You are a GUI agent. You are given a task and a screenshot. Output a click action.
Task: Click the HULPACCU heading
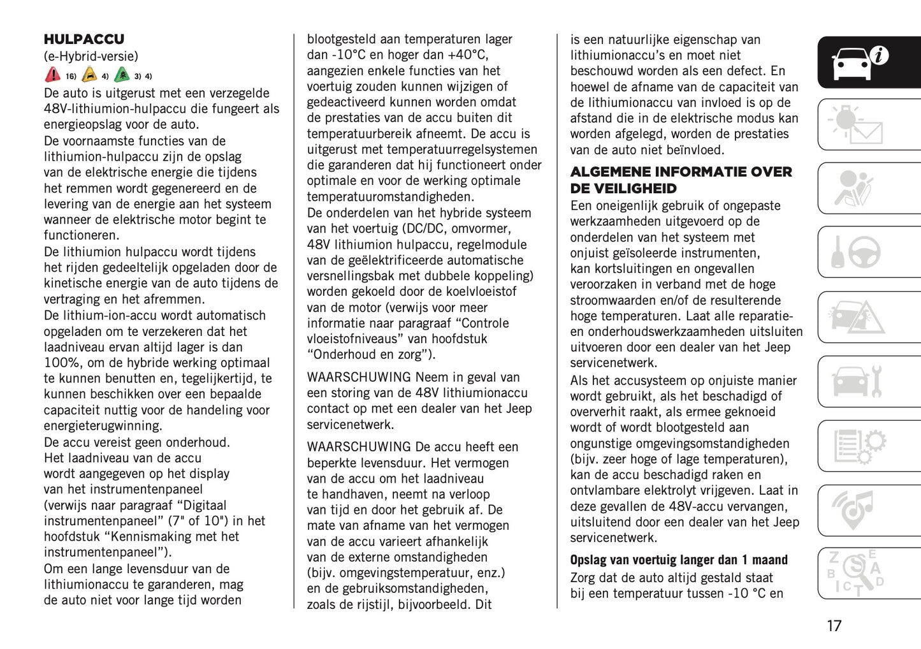84,40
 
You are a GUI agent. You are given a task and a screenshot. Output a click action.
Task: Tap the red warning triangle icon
52,75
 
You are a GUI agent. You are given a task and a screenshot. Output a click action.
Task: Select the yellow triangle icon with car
90,75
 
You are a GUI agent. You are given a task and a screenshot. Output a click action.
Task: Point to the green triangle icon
122,75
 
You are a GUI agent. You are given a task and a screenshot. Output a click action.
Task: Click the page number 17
834,626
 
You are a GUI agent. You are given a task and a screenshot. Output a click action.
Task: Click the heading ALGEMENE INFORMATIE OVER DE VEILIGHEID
681,180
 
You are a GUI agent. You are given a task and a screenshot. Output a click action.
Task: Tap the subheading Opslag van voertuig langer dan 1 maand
679,560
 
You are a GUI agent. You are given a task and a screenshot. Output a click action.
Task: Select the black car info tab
860,62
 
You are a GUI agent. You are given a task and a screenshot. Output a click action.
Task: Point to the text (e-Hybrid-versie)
91,56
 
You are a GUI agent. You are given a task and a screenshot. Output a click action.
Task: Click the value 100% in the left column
62,363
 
